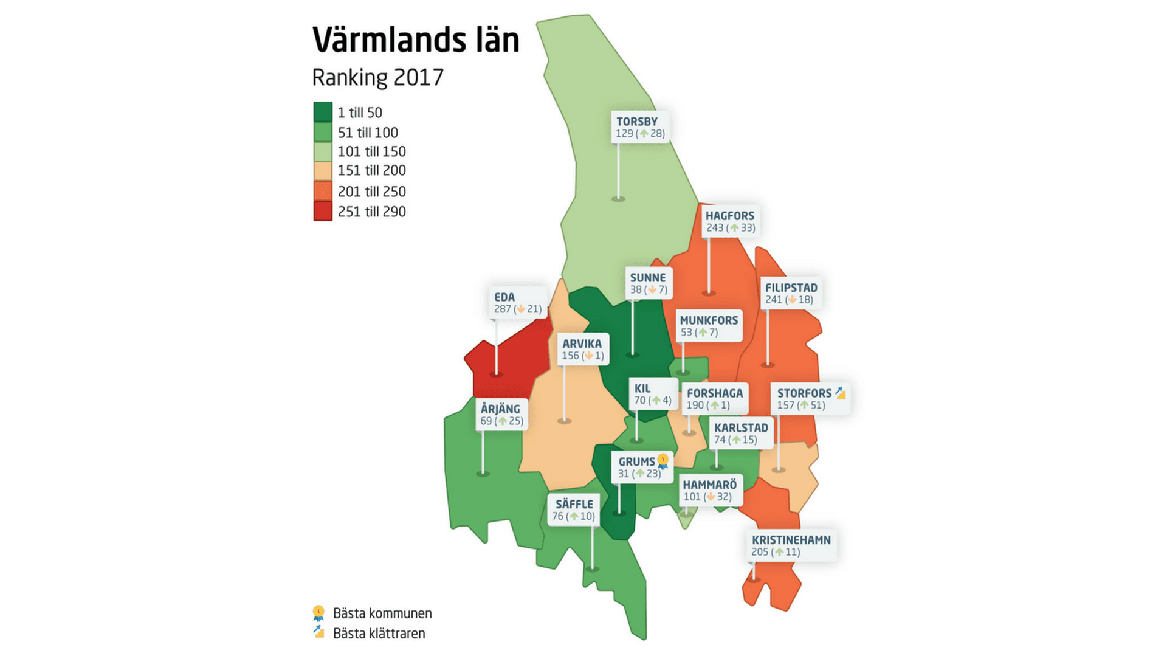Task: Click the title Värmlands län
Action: coord(416,40)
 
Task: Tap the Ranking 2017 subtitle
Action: coord(377,78)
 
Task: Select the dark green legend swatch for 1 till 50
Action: coord(323,112)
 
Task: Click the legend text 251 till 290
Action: coord(371,212)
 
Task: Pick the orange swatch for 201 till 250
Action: coord(323,191)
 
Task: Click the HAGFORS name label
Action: coord(729,216)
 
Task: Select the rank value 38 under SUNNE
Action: coord(636,290)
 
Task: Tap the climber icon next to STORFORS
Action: coord(840,393)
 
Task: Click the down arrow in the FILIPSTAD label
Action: coord(791,300)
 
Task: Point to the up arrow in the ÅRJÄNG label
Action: coord(503,421)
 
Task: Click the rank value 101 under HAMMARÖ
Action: coord(692,497)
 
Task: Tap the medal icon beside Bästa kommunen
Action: coord(318,613)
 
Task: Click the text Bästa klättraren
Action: coord(379,634)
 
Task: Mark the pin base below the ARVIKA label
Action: coord(564,421)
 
